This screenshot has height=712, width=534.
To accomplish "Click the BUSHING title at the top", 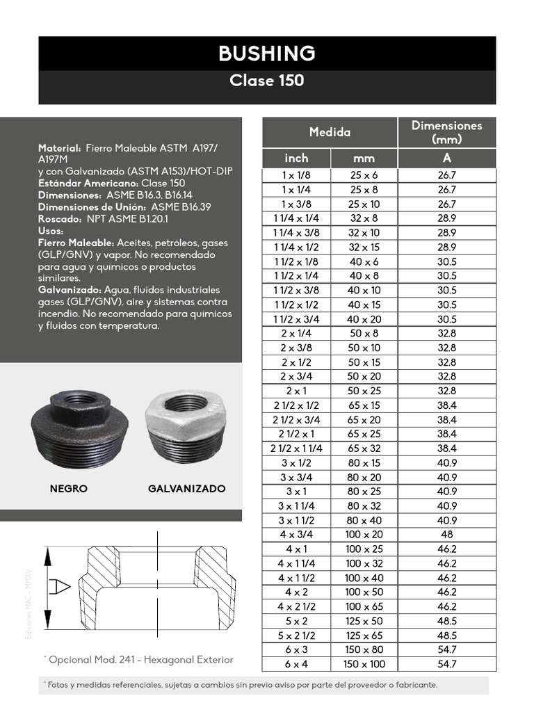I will pos(267,53).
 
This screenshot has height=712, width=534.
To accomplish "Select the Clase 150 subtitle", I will pos(267,81).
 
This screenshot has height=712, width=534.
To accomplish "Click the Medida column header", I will pos(330,132).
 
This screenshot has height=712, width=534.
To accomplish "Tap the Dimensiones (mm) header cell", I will pos(446,132).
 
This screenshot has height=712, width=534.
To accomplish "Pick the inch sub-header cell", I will pos(296,159).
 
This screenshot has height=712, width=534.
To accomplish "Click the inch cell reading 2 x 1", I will pos(296,391).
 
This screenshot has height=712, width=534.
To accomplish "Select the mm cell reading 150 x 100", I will pos(363,664).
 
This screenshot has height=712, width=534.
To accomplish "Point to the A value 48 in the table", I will pos(446,535).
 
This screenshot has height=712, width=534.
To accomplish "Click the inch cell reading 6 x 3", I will pos(296,649).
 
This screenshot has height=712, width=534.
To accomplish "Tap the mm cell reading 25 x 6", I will pos(363,175).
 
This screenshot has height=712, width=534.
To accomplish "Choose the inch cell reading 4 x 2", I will pos(296,592).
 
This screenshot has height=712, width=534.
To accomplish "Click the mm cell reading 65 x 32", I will pos(363,448).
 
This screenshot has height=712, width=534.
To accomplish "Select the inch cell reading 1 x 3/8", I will pos(296,204).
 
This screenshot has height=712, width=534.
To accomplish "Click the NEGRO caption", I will pos(69,489).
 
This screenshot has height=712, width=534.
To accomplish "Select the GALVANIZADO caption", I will pos(186,489).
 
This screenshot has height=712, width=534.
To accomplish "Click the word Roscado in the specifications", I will pos(58,219).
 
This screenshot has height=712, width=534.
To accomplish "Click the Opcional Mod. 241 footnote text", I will pos(139,660).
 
